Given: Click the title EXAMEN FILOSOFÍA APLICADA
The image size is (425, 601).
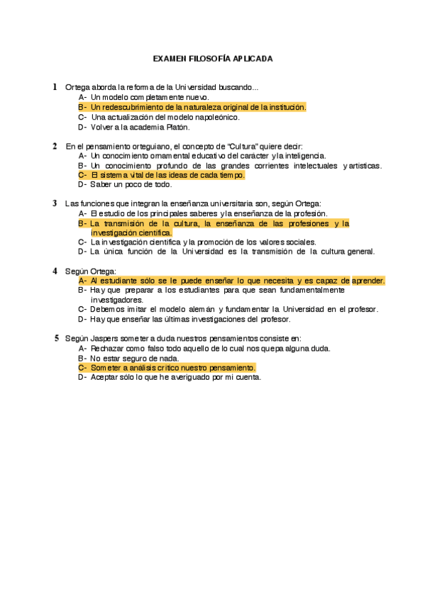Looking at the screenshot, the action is (213, 59).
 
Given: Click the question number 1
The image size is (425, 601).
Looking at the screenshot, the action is (55, 87).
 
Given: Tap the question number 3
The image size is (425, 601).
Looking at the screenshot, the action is (55, 203).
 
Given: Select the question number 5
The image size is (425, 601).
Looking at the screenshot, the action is (57, 338).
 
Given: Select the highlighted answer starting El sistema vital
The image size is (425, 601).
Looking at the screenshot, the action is (167, 175).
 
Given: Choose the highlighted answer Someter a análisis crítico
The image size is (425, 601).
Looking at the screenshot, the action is (172, 368).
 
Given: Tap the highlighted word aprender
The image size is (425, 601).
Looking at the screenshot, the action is (368, 281).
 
